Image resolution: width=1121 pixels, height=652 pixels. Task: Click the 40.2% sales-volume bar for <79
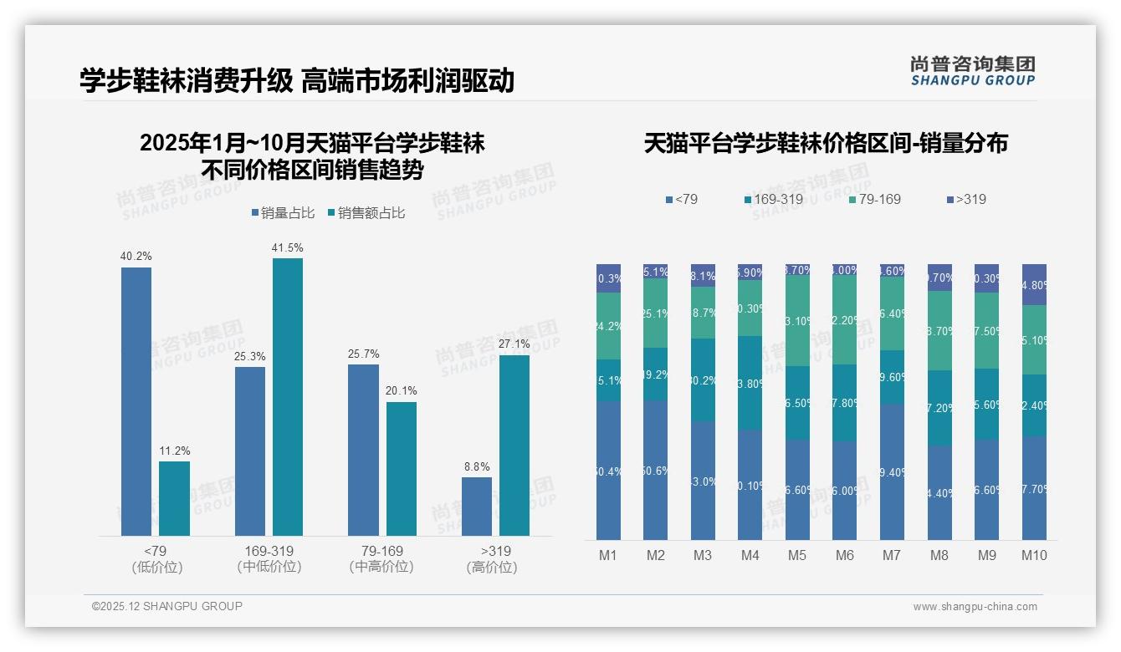pyautogui.click(x=136, y=401)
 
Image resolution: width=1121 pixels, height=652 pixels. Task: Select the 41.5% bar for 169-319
pyautogui.click(x=288, y=396)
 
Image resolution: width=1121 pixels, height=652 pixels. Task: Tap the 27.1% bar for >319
pyautogui.click(x=514, y=445)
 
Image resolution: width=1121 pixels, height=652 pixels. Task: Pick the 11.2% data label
pyautogui.click(x=175, y=451)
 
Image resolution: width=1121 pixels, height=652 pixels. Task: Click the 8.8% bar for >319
pyautogui.click(x=477, y=506)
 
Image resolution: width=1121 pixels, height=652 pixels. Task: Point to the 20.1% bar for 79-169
pyautogui.click(x=402, y=468)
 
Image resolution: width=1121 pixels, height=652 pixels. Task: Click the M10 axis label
pyautogui.click(x=1034, y=555)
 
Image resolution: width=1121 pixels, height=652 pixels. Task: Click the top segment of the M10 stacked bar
pyautogui.click(x=1034, y=284)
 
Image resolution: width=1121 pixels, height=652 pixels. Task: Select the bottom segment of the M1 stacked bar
pyautogui.click(x=609, y=470)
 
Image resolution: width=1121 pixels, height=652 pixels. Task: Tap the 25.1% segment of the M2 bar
pyautogui.click(x=656, y=313)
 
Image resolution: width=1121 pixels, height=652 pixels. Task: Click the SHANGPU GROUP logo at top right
pyautogui.click(x=972, y=71)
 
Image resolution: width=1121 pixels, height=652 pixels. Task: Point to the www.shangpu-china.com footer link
pyautogui.click(x=975, y=607)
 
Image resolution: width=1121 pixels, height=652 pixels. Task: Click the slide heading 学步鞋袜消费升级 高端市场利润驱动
pyautogui.click(x=297, y=81)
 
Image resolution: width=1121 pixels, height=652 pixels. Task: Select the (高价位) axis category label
pyautogui.click(x=491, y=568)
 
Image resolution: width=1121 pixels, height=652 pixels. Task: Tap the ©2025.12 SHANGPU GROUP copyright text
pyautogui.click(x=167, y=606)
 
